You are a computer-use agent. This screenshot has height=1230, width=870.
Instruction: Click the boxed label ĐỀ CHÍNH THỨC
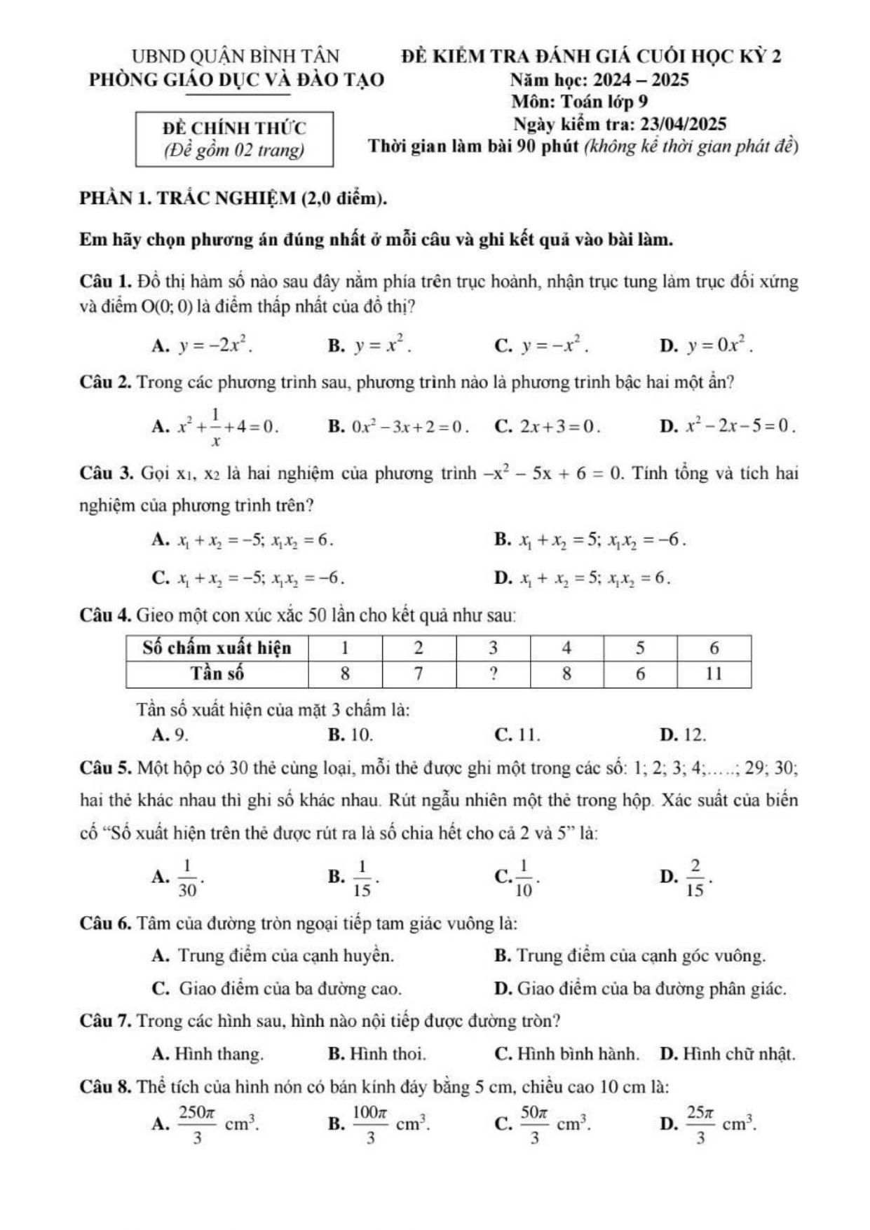coord(234,128)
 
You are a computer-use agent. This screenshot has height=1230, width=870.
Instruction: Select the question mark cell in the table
coord(493,674)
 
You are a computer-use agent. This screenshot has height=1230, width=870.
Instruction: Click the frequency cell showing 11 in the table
coord(714,674)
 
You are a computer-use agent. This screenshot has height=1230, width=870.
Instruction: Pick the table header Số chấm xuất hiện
coord(217,648)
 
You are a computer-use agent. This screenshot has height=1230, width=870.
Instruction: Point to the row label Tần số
coord(217,674)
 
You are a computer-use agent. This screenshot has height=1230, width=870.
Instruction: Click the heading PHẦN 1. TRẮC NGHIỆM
coord(233,199)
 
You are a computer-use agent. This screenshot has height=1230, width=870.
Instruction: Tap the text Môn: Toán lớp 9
coord(579,102)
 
